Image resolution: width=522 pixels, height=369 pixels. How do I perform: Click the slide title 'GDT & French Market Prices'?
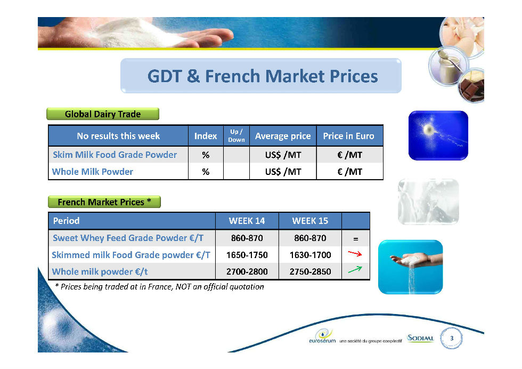[x=262, y=76]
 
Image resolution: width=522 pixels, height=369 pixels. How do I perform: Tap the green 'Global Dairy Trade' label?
[x=102, y=114]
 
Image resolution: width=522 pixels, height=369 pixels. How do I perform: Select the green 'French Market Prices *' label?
[x=104, y=202]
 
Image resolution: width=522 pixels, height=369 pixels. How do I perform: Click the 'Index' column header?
[x=206, y=136]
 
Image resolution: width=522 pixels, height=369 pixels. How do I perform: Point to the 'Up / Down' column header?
[x=236, y=135]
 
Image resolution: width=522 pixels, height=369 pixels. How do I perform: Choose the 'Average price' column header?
[x=283, y=136]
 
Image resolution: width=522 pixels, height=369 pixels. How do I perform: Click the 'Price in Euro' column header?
[x=348, y=136]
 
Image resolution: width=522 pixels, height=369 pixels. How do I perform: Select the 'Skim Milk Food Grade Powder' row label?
[x=115, y=155]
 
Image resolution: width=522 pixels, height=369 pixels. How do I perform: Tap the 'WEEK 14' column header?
[x=247, y=221]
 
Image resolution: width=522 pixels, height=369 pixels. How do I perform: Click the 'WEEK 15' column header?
[x=310, y=221]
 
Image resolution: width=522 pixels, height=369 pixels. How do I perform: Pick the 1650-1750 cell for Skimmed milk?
[x=247, y=255]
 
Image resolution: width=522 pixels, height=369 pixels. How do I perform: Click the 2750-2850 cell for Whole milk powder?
[x=310, y=271]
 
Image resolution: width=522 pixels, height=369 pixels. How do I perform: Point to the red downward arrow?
[x=355, y=254]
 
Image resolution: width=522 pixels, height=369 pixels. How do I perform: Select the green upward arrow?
[x=355, y=269]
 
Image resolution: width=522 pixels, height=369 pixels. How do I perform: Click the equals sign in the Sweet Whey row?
[x=356, y=239]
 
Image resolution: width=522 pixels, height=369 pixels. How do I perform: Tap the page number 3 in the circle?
[x=452, y=338]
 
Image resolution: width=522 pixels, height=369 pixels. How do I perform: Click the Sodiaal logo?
[x=420, y=338]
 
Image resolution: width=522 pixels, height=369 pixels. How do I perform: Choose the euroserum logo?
[x=322, y=336]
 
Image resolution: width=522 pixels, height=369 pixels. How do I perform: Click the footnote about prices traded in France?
[x=159, y=287]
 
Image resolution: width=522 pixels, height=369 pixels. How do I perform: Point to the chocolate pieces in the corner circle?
[x=471, y=86]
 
